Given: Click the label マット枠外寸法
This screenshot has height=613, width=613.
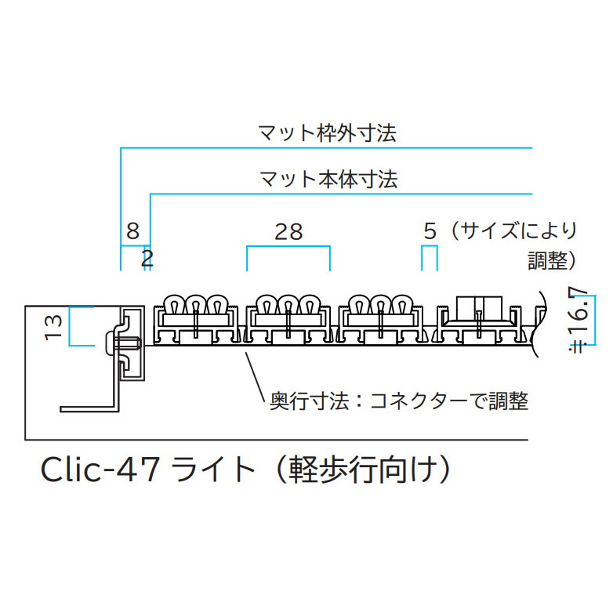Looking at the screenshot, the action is click(328, 133).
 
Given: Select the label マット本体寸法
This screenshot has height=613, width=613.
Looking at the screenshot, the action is click(328, 180).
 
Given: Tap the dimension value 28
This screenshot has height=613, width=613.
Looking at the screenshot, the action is click(288, 232).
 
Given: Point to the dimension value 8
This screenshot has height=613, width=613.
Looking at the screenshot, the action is click(133, 231).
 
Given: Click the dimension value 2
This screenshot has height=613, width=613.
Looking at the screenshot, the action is click(148, 259).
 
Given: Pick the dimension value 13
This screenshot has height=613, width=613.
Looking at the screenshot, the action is click(53, 327).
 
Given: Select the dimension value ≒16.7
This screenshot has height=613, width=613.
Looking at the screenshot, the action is click(579, 320).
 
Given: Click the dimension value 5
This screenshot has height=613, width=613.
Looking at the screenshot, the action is click(430, 231).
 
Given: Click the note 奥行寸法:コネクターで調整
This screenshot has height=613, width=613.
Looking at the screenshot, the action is click(399, 401).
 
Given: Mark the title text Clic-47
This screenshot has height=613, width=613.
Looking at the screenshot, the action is click(100, 470).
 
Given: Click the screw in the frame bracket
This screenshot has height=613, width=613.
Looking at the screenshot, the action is click(124, 343).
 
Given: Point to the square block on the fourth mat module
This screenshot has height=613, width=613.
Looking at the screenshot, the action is click(479, 308).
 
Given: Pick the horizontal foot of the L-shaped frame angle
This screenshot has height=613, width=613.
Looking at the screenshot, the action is click(89, 409).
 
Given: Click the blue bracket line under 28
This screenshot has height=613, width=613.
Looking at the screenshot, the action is click(288, 246).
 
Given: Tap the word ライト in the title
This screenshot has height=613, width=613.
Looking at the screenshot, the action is click(212, 470).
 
